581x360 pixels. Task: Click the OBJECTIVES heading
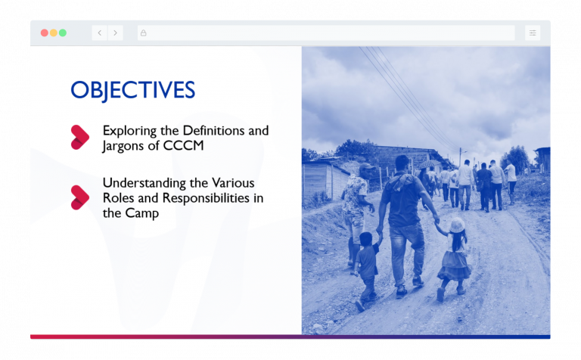132,91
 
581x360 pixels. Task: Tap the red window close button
44,33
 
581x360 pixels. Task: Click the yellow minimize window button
53,33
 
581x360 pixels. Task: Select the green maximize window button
63,33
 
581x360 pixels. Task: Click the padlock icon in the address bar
144,33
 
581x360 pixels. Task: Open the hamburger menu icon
533,33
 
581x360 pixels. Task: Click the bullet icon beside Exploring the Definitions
80,137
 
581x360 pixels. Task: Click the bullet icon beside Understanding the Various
80,197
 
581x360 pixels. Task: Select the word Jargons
125,146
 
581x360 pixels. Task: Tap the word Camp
143,213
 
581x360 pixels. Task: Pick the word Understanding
141,183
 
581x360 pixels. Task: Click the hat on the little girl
456,225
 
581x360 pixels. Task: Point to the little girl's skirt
454,265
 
